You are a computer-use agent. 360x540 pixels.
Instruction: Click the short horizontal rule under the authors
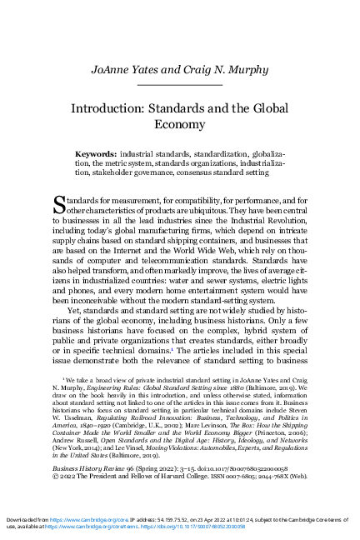(180, 85)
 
